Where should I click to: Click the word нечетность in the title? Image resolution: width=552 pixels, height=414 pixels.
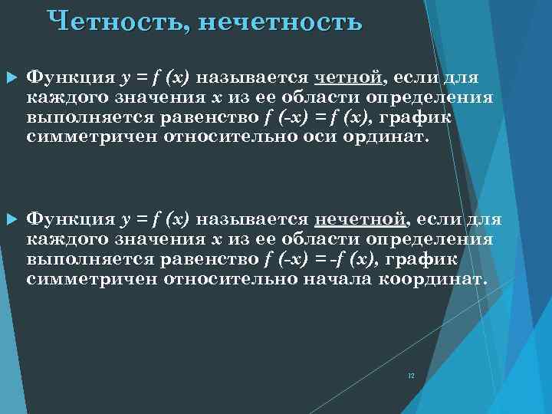pos(279,21)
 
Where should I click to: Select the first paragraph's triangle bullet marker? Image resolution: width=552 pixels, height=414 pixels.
pos(11,78)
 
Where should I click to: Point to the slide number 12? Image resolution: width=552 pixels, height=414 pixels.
pos(411,376)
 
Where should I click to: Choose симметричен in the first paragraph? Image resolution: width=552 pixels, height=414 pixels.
pos(85,137)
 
